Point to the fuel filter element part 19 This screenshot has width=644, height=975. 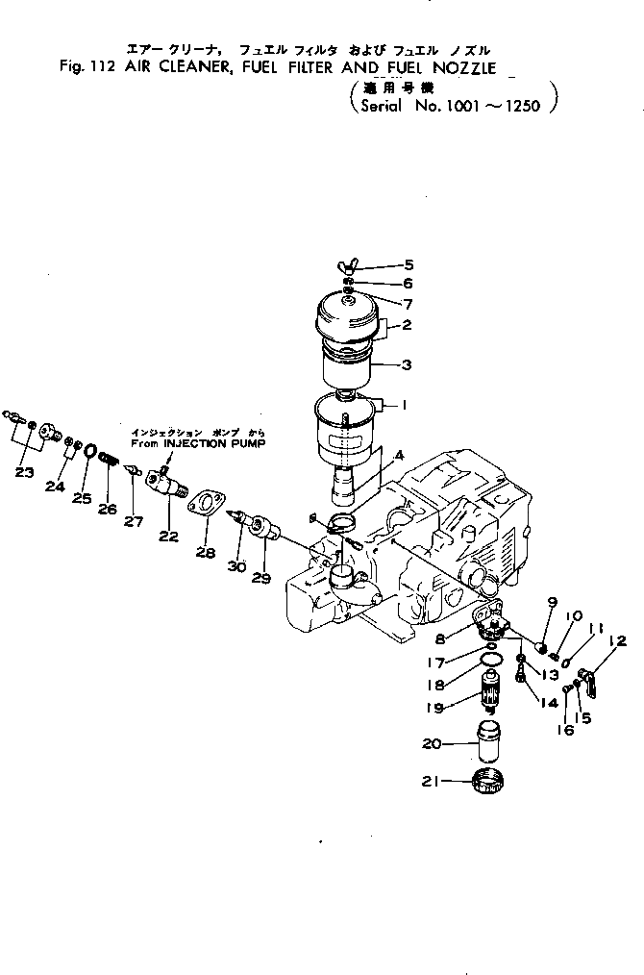pyautogui.click(x=491, y=689)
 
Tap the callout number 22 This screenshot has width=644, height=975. pyautogui.click(x=168, y=537)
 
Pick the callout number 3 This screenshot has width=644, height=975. pyautogui.click(x=406, y=365)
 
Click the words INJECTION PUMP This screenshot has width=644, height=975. pyautogui.click(x=221, y=443)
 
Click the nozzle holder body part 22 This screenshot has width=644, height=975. pyautogui.click(x=163, y=476)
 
